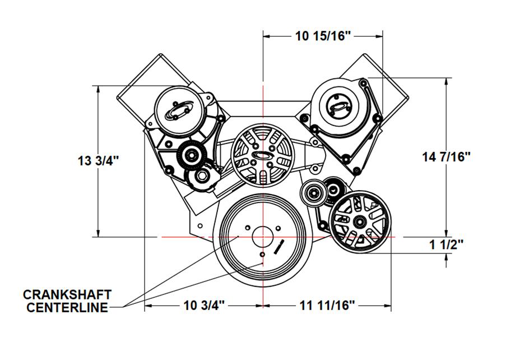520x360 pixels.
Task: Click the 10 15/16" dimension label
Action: click(x=323, y=35)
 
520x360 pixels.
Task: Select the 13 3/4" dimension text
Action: click(x=98, y=161)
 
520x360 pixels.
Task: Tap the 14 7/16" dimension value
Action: click(x=446, y=156)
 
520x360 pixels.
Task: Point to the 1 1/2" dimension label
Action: click(x=446, y=245)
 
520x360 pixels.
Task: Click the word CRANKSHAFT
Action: click(x=67, y=294)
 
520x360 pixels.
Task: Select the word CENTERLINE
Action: click(x=67, y=308)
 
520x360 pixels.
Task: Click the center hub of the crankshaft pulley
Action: click(x=263, y=237)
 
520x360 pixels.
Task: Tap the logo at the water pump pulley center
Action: click(x=262, y=155)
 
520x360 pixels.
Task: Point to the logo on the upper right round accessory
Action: click(x=339, y=107)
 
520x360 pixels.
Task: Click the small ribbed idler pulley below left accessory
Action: click(x=192, y=155)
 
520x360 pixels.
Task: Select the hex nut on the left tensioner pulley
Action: click(x=201, y=176)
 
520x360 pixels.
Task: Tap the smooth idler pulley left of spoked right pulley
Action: click(x=313, y=193)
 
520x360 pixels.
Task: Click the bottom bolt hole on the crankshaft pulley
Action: click(x=262, y=255)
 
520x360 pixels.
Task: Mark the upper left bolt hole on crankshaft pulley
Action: click(x=248, y=228)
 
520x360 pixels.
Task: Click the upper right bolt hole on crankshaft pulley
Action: click(x=278, y=228)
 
